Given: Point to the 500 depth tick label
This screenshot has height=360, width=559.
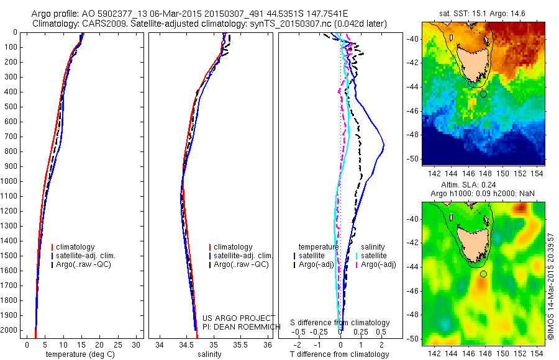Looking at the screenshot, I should [12, 107].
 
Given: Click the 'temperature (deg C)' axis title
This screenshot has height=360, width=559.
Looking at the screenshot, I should [80, 354].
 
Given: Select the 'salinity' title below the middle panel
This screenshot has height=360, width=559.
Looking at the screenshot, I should [209, 354].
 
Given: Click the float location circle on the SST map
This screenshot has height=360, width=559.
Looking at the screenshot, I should [483, 94].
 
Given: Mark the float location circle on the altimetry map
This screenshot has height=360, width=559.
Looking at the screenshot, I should [483, 274].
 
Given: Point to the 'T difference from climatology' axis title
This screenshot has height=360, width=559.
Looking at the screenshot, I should [340, 354].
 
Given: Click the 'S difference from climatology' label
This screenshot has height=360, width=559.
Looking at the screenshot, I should [340, 323].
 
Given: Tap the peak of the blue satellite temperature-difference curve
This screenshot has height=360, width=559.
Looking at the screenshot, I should [384, 145].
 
